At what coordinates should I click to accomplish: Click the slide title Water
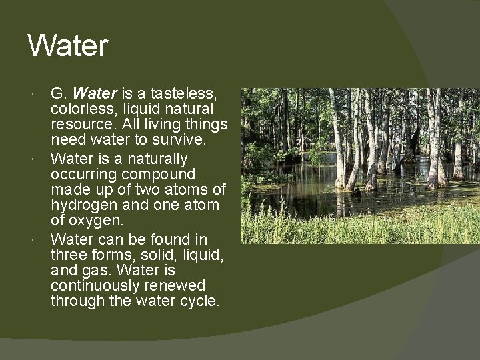click(67, 46)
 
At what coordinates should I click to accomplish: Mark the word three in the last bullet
click(69, 255)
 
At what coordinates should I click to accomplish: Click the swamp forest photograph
click(359, 165)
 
